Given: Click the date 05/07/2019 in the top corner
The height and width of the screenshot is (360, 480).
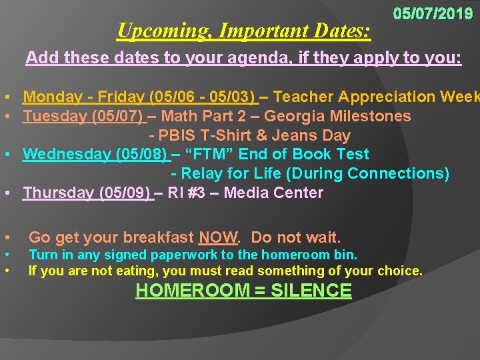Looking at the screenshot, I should click(433, 13).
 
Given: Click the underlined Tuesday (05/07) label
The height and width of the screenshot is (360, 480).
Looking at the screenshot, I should click(84, 117).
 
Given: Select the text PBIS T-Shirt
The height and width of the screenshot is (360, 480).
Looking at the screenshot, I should click(211, 135).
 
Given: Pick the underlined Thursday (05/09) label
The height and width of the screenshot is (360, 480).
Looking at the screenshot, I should click(87, 193).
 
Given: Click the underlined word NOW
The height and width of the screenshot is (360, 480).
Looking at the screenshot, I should click(218, 237).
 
